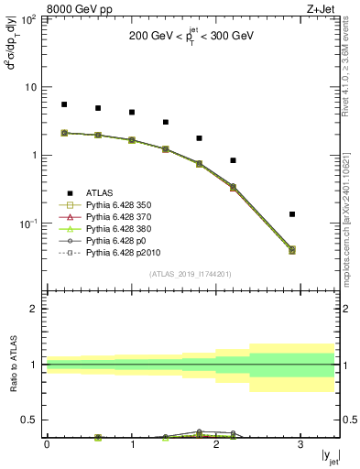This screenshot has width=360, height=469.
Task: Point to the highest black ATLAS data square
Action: [x=64, y=104]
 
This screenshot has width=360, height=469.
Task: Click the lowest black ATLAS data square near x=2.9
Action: [x=292, y=214]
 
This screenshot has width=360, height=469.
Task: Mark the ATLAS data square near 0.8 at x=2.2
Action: [x=234, y=160]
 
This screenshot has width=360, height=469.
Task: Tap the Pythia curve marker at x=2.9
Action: [x=292, y=249]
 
